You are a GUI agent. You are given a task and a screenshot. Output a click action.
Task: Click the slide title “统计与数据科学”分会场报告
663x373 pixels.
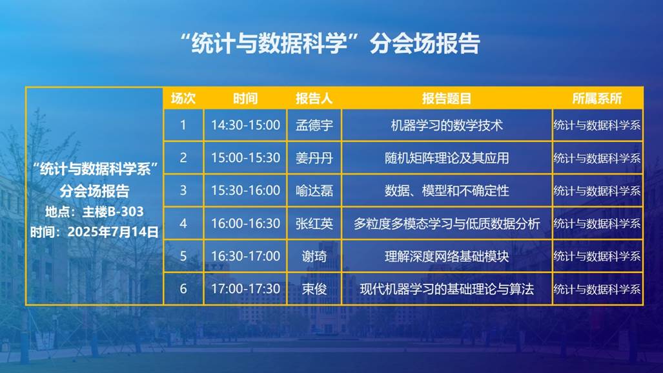330,43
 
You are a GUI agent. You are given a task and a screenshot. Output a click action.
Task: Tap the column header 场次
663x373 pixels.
183,99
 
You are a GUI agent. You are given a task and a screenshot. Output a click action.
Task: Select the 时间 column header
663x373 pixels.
245,99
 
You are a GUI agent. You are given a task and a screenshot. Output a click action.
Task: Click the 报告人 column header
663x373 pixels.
314,99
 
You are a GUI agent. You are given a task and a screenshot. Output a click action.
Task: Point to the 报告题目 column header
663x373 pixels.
447,99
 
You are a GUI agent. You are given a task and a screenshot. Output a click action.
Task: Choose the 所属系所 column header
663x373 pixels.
597,99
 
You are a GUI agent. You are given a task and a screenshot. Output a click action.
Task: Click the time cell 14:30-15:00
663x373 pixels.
245,125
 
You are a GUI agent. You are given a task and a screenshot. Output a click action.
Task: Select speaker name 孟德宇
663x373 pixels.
314,125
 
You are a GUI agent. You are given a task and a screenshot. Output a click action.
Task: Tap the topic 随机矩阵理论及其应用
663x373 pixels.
447,158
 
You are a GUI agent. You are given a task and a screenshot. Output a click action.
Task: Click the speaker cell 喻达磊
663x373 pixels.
314,191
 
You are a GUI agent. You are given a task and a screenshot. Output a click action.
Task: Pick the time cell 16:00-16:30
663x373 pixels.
245,223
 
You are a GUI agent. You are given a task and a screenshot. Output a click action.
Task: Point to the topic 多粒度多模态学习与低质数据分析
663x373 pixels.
447,224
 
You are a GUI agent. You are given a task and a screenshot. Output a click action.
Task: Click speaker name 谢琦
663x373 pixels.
314,256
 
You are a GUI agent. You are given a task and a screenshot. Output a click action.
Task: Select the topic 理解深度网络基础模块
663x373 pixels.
447,256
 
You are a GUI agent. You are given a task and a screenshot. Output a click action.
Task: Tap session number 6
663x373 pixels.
183,289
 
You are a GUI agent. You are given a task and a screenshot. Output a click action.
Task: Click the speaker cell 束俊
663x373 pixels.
314,289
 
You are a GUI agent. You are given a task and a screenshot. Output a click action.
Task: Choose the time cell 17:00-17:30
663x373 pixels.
245,289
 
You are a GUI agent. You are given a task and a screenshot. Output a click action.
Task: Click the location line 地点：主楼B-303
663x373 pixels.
94,211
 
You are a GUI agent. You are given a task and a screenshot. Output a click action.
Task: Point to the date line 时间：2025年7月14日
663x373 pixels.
94,231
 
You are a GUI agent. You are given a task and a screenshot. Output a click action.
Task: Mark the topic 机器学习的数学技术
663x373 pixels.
447,125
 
